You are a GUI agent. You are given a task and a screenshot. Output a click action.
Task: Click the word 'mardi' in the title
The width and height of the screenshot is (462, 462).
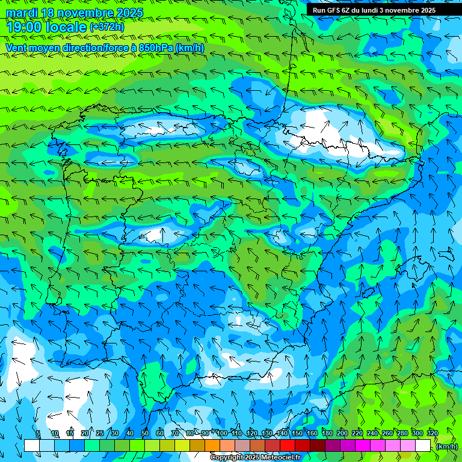click(21, 13)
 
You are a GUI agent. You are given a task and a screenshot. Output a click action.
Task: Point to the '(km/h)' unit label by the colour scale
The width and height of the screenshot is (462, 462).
click(447, 446)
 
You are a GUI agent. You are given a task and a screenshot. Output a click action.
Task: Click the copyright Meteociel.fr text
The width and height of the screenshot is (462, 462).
click(255, 458)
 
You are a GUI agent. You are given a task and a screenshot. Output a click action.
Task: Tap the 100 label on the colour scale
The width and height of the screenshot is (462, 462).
click(222, 433)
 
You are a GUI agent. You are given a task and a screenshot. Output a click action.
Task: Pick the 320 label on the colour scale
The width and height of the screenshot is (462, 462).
click(433, 433)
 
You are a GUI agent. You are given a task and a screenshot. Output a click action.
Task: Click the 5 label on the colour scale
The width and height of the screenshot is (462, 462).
click(38, 433)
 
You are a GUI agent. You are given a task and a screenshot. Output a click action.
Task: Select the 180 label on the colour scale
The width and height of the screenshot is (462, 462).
click(327, 433)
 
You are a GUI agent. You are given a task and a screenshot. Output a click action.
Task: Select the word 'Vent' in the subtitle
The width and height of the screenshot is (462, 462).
click(17, 48)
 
